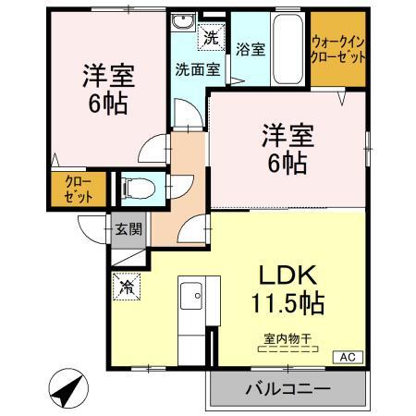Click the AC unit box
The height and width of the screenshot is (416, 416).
point(349,357)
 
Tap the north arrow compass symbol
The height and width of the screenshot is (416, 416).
point(68,388)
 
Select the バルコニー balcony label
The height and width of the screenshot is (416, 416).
point(288,389)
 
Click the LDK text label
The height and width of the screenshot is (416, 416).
point(288,275)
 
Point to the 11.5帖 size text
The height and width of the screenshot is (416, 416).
point(288,303)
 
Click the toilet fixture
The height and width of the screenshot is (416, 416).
point(138,188)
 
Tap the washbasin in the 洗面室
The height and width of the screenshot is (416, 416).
point(183,22)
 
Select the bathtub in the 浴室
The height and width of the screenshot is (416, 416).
point(288,49)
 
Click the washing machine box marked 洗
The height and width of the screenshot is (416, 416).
point(212,37)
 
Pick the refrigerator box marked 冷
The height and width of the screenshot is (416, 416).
point(127,287)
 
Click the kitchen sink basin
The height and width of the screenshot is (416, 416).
point(191,296)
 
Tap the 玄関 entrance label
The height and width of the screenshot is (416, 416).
point(128,229)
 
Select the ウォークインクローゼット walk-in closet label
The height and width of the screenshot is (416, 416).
point(338,49)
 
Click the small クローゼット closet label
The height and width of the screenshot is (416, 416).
point(79,190)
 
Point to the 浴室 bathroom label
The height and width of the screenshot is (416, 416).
point(251,49)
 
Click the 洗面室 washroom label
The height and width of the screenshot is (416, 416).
point(198,69)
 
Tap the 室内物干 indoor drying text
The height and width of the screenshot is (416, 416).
point(288,339)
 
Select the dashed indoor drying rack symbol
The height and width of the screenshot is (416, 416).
point(288,349)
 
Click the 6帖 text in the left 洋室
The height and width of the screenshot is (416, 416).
point(108,104)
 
